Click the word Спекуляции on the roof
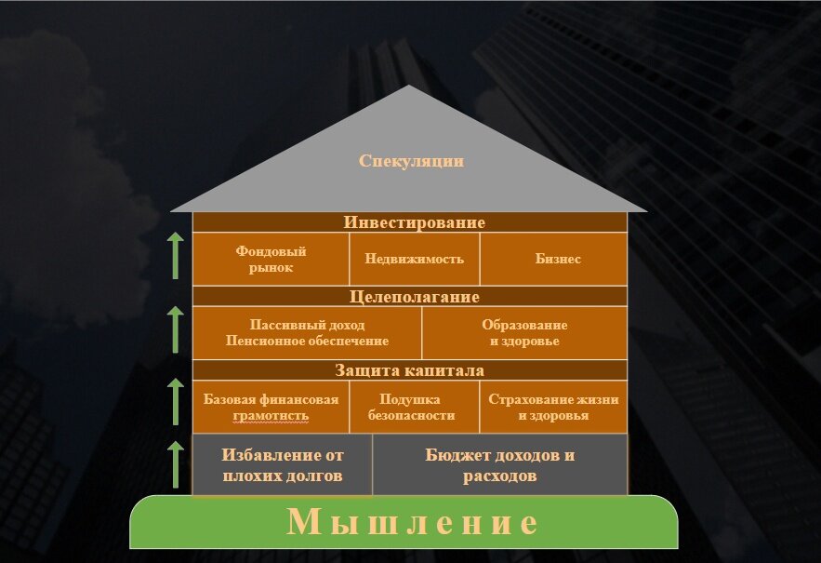click(411, 161)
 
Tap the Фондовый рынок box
click(271, 259)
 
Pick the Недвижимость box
click(415, 259)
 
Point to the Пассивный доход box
click(307, 333)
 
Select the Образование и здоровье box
click(524, 333)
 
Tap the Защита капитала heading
click(410, 370)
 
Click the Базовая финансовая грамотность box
click(271, 408)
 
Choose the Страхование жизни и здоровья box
click(553, 408)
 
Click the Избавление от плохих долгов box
click(283, 465)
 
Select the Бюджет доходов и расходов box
click(499, 465)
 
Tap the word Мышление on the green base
click(412, 521)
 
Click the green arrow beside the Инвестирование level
click(175, 256)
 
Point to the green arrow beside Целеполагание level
click(175, 329)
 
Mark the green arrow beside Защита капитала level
click(175, 402)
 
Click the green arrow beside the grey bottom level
click(175, 464)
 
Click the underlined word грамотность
click(270, 416)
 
